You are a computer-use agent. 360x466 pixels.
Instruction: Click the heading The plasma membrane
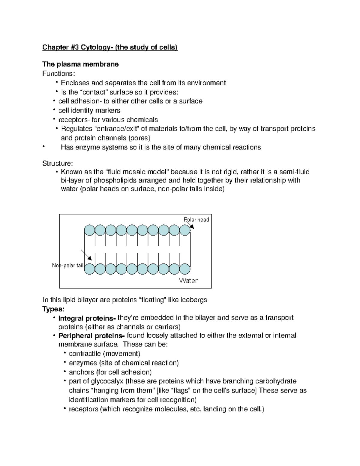[x=80, y=64]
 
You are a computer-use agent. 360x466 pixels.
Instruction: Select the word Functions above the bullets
[x=58, y=74]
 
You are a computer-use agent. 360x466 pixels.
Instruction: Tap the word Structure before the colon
[x=56, y=163]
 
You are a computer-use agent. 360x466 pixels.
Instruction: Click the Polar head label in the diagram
[x=196, y=220]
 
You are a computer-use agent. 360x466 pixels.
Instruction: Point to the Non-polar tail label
[x=67, y=266]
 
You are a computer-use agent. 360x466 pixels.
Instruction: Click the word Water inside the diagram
[x=188, y=281]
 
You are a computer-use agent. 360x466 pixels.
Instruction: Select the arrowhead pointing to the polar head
[x=192, y=227]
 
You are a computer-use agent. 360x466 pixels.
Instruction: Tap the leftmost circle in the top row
[x=89, y=230]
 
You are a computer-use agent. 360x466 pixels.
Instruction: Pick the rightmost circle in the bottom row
[x=185, y=269]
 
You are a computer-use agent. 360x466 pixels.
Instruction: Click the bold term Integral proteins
[x=87, y=318]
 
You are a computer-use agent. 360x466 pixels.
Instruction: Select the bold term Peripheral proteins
[x=91, y=336]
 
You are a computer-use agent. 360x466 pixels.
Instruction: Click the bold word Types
[x=53, y=309]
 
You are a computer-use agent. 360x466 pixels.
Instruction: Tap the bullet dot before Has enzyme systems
[x=44, y=146]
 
